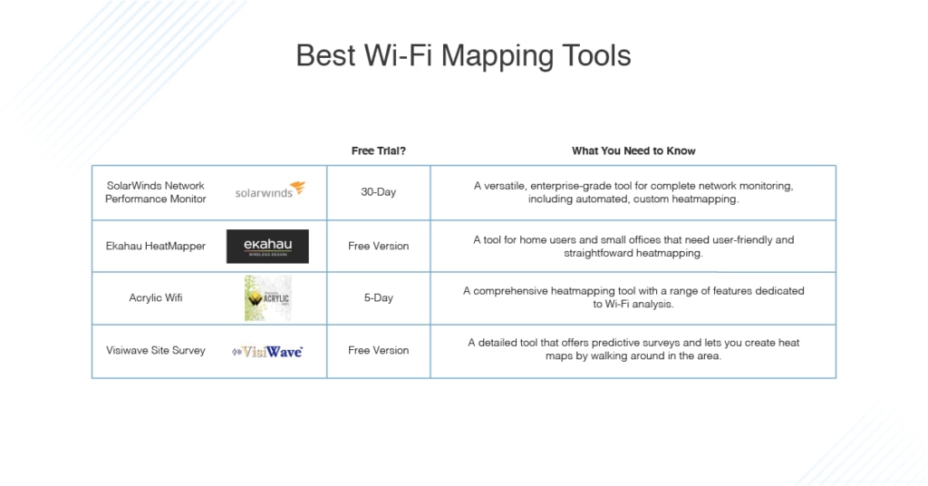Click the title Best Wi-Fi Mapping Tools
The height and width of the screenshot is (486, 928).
(463, 56)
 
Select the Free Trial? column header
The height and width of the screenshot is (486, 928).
(379, 151)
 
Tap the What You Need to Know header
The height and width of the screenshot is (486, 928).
(633, 151)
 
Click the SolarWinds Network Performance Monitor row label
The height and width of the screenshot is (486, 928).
(156, 192)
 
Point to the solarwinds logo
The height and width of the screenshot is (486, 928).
(270, 190)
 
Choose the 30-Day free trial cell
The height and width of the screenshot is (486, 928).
(379, 192)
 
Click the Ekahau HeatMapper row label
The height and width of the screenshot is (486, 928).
(156, 247)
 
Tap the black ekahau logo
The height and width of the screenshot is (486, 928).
(267, 247)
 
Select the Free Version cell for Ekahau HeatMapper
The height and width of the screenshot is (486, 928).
(379, 247)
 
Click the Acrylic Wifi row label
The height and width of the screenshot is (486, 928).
(156, 297)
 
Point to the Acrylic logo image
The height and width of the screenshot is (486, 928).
(267, 298)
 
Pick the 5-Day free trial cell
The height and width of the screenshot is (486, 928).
(379, 297)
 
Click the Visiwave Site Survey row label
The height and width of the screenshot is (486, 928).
(156, 350)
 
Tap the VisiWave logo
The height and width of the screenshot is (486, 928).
(267, 352)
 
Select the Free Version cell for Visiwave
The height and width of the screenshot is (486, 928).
(379, 350)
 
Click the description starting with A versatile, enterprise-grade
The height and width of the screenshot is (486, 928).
(633, 192)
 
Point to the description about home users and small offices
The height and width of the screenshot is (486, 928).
(633, 247)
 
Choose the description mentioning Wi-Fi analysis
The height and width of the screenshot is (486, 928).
(633, 297)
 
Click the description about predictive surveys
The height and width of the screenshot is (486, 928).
(633, 349)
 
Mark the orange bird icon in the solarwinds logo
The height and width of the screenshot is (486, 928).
(297, 188)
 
